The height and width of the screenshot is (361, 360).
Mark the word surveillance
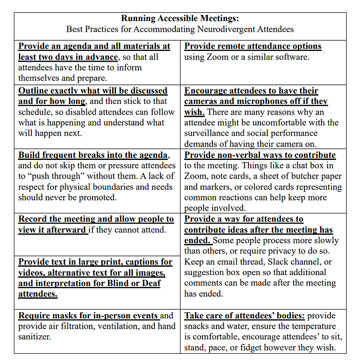[209, 133]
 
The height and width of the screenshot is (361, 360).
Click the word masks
[64, 316]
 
